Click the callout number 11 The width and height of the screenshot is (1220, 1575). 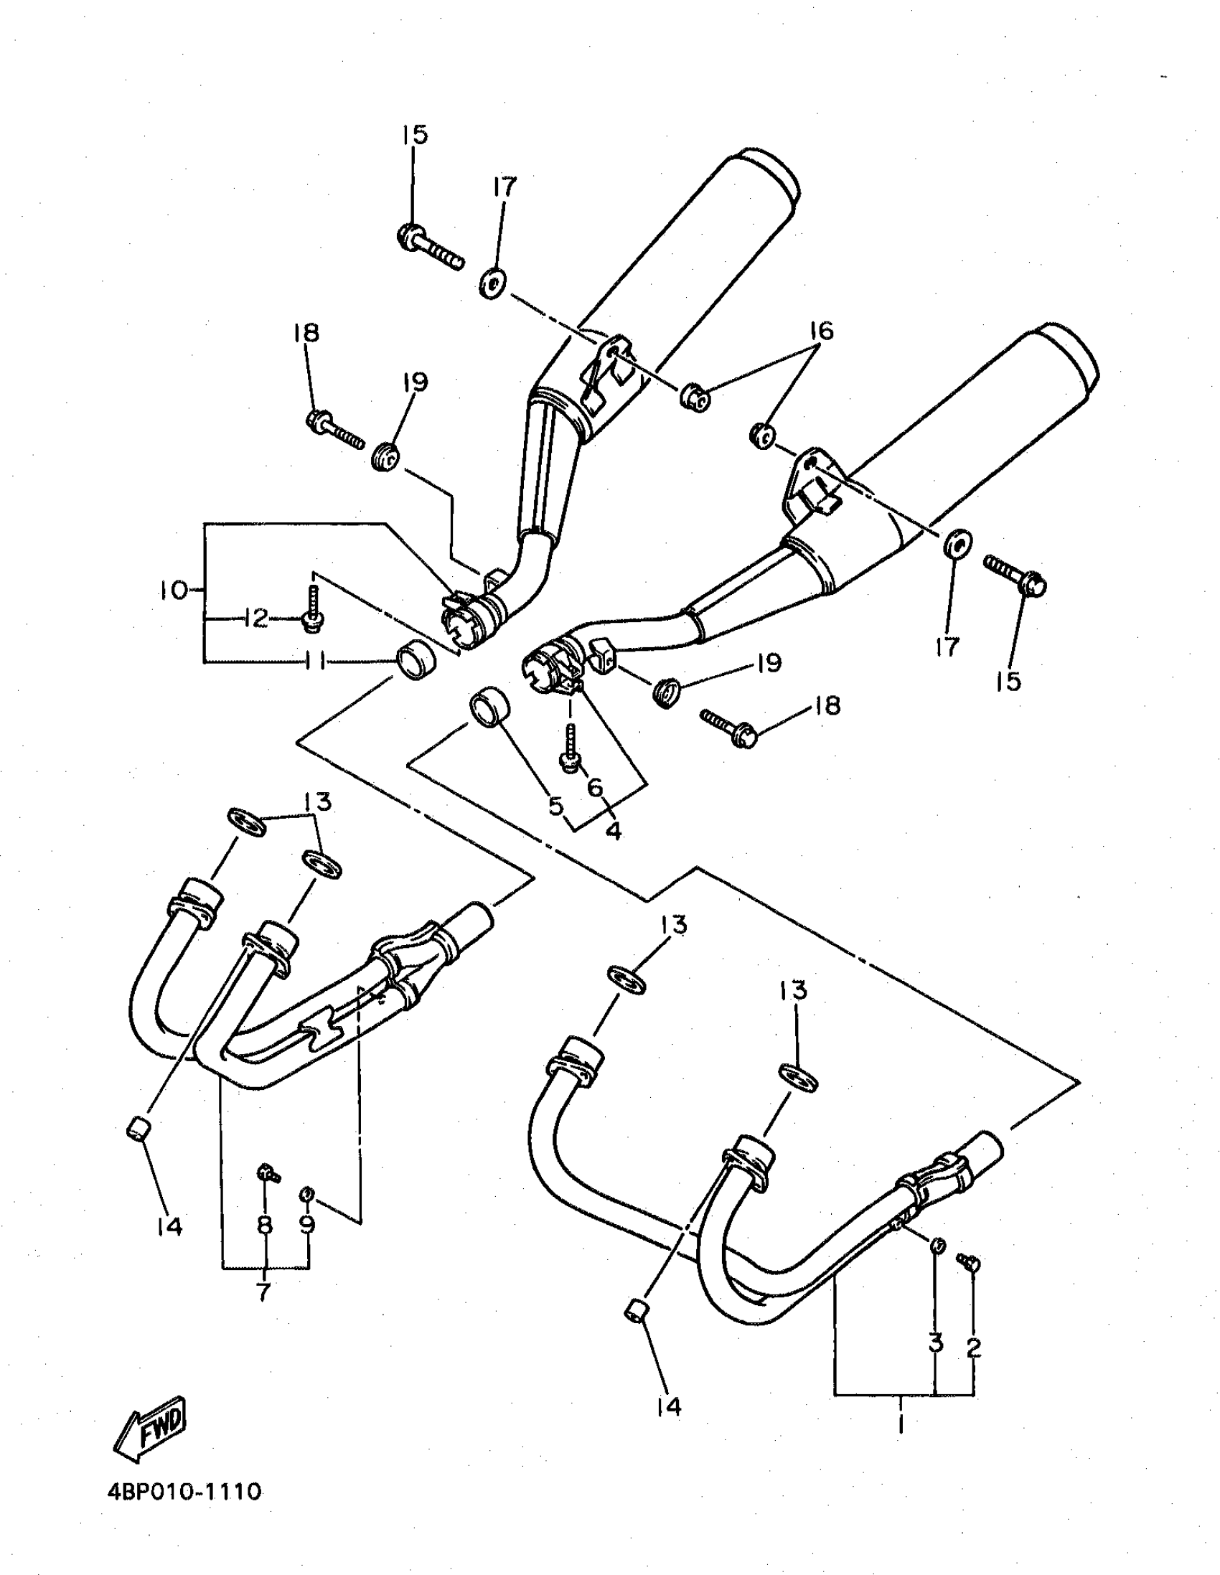click(316, 662)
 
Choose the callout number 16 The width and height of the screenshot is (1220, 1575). click(821, 331)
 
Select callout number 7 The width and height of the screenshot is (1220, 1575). click(264, 1291)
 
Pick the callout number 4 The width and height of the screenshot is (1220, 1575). click(614, 832)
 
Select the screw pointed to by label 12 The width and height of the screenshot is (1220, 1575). click(312, 611)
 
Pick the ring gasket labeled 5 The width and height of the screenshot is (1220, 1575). click(488, 708)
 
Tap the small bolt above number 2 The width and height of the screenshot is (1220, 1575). click(968, 1261)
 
